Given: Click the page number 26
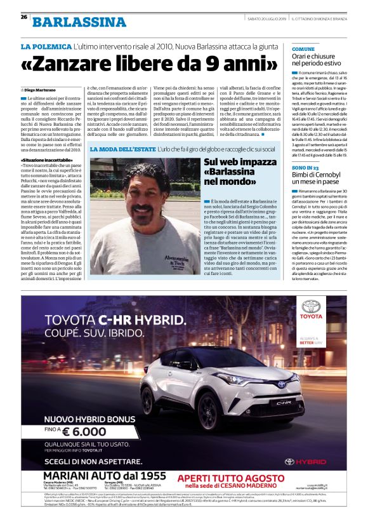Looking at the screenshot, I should (23, 17).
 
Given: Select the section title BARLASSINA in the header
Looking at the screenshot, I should (79, 22).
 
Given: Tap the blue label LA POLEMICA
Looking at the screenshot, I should (45, 48).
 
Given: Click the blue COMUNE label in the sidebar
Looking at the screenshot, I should (303, 49).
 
